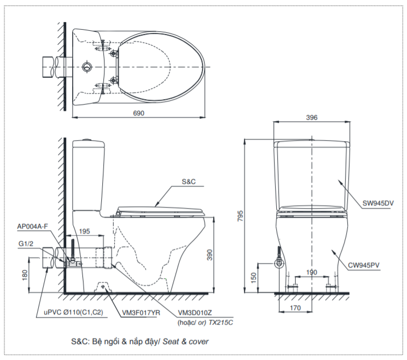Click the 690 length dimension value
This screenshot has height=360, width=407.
coord(138,113)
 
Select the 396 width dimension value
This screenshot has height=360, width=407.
coord(312,117)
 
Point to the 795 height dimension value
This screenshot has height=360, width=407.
coord(240,216)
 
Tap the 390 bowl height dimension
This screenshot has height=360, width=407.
coord(209,255)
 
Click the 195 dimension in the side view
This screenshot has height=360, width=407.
coord(85,231)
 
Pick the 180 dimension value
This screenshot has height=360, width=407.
coord(25,275)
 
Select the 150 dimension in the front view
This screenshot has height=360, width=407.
coord(254,278)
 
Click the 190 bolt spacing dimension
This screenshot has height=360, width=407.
coord(312,272)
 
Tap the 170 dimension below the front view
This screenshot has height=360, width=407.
coord(295,308)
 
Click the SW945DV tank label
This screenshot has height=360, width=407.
coord(378,203)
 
